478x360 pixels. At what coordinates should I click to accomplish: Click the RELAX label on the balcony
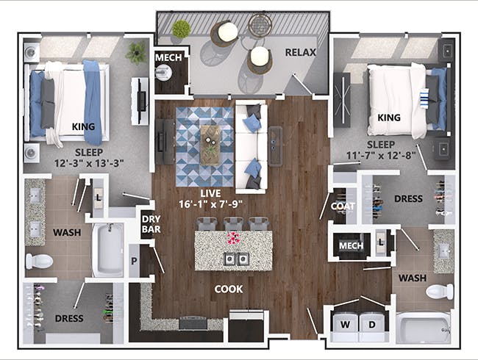pyautogui.click(x=301, y=52)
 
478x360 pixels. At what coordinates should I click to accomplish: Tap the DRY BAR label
pyautogui.click(x=151, y=224)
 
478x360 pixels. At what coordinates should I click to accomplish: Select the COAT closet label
pyautogui.click(x=343, y=206)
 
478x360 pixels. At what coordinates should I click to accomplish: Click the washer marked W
pyautogui.click(x=345, y=325)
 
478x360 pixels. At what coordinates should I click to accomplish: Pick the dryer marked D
pyautogui.click(x=372, y=325)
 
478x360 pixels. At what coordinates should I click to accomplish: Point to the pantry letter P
pyautogui.click(x=134, y=261)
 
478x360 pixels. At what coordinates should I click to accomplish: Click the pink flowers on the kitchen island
pyautogui.click(x=234, y=238)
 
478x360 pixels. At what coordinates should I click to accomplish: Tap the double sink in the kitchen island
pyautogui.click(x=237, y=259)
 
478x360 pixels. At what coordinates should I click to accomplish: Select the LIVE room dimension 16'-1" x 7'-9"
pyautogui.click(x=210, y=204)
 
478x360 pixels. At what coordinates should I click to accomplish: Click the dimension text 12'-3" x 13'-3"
pyautogui.click(x=89, y=163)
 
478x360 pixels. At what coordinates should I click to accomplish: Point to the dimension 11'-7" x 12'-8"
pyautogui.click(x=381, y=156)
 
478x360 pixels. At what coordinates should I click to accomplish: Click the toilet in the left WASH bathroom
pyautogui.click(x=39, y=262)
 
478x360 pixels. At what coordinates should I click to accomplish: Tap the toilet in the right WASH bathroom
pyautogui.click(x=440, y=292)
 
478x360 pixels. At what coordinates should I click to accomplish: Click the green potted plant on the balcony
pyautogui.click(x=182, y=29)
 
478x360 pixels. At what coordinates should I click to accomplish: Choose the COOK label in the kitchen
pyautogui.click(x=229, y=289)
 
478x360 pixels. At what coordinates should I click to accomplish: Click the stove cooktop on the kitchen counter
pyautogui.click(x=193, y=323)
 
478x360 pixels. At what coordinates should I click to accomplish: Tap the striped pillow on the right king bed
pyautogui.click(x=424, y=98)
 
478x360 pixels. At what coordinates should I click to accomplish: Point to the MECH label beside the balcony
pyautogui.click(x=168, y=57)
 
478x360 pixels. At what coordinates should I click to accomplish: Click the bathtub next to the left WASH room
pyautogui.click(x=108, y=250)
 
